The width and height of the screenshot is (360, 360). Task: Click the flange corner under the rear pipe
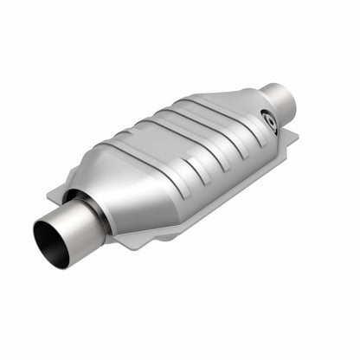[289, 138]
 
